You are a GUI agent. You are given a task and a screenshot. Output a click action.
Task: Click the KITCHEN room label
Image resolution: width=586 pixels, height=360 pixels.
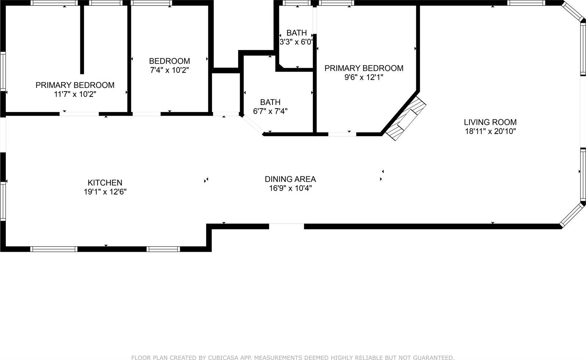coord(105,182)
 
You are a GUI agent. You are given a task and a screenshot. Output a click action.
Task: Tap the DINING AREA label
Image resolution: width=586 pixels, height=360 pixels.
coord(290,179)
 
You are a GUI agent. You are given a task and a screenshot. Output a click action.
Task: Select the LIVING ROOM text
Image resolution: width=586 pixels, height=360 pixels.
coord(490,122)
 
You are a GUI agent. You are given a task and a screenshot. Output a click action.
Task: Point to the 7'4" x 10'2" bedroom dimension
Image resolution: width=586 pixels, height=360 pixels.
coord(169,70)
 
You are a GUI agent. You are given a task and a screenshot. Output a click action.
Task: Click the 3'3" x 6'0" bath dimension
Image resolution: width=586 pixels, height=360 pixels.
coord(296,42)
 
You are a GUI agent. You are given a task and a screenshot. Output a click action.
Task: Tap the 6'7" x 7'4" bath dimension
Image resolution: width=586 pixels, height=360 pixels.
coord(270,111)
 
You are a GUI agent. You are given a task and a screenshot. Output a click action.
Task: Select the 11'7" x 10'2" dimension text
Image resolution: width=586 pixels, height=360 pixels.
coord(75,94)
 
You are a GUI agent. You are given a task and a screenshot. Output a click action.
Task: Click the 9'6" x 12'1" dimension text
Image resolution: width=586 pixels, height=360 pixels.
coord(364,77)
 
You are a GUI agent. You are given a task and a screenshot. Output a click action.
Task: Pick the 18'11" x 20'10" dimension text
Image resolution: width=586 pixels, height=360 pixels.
coord(490,131)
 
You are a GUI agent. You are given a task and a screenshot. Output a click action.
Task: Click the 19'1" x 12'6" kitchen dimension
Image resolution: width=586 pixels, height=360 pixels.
coord(105,192)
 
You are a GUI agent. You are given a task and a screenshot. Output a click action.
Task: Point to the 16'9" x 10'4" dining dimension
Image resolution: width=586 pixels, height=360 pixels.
coord(290,188)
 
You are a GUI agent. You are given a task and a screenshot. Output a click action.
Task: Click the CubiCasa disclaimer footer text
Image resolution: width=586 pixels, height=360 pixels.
coord(293,357)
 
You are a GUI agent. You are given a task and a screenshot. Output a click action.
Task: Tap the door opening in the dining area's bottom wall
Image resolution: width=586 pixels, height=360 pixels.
coord(286,226)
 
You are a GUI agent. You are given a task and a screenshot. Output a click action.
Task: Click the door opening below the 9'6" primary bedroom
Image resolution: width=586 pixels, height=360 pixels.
coord(342,134)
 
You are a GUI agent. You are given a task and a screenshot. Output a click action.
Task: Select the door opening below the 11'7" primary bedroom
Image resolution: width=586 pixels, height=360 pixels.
coord(79,114)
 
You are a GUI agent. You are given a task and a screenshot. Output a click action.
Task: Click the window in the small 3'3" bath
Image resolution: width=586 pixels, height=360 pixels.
coord(297,3)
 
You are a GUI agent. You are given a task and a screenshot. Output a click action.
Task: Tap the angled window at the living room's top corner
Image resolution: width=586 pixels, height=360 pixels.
coord(573,11)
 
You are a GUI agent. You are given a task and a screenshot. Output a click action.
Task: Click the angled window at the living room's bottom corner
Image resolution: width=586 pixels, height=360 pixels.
coord(572,214)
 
